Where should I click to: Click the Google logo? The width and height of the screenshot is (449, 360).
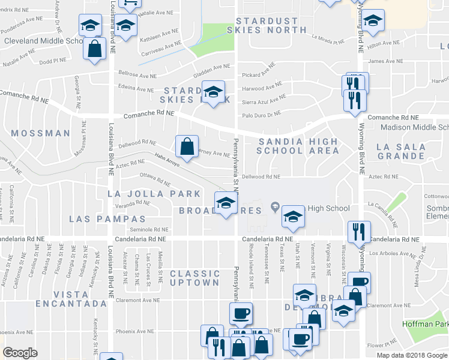[20, 353]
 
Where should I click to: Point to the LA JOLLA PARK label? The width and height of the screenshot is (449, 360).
[154, 194]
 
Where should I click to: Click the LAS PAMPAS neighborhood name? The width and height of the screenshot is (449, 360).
[107, 219]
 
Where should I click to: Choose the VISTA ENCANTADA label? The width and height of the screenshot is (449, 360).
[80, 299]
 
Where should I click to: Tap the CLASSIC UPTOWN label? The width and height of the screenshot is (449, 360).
[194, 278]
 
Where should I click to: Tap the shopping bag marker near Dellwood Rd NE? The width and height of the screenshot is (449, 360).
[187, 146]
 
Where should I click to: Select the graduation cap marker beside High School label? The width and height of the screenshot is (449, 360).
[292, 217]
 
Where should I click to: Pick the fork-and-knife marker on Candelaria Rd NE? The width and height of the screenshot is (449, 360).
[360, 232]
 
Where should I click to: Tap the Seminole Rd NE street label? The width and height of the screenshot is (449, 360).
[151, 229]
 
